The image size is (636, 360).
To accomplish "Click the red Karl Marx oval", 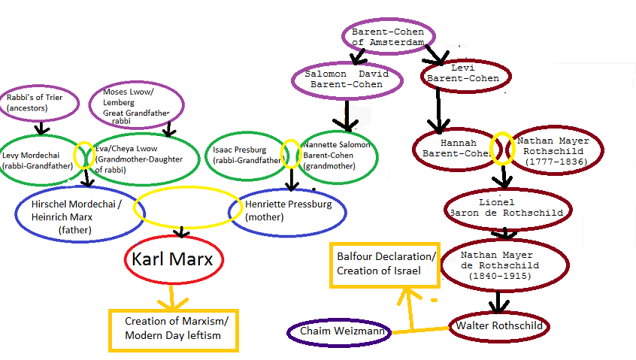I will (173, 261).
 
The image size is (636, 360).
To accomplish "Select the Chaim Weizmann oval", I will (339, 331).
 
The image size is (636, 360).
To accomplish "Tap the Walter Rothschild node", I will (499, 326).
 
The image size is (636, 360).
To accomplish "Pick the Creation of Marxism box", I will (174, 328).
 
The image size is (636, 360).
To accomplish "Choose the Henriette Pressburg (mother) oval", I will (287, 211).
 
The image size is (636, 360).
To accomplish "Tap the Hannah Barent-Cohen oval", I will (453, 149).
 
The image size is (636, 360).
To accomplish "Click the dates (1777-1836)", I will (557, 162).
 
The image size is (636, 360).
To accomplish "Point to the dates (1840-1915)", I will (500, 276).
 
